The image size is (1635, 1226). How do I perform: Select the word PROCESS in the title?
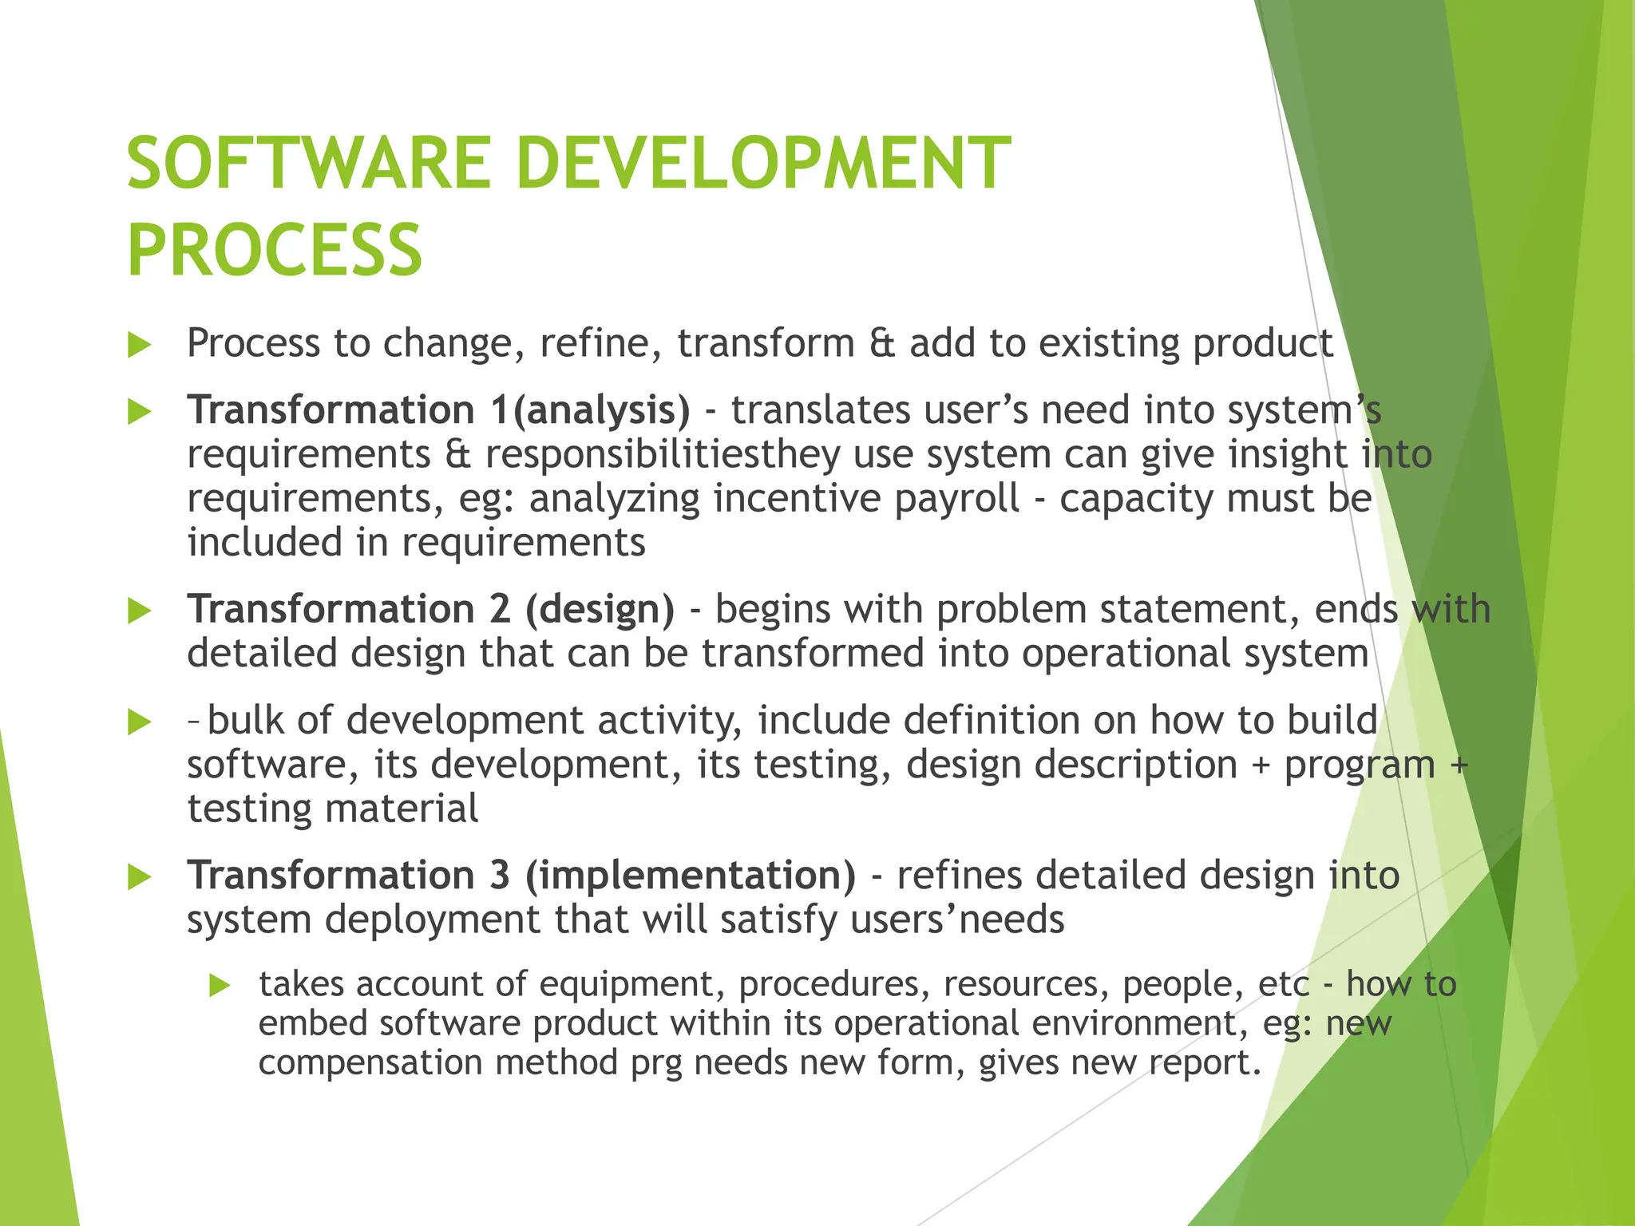[x=275, y=251]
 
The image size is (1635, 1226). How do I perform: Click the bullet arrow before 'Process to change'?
[x=140, y=346]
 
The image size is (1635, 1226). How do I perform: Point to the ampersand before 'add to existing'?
[x=881, y=343]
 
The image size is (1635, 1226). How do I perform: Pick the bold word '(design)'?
[x=600, y=610]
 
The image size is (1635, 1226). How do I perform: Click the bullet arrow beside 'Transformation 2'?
[x=140, y=612]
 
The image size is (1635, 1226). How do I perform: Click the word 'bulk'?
[x=245, y=720]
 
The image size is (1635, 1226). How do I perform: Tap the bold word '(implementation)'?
[x=691, y=876]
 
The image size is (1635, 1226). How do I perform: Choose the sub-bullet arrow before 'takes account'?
[x=220, y=986]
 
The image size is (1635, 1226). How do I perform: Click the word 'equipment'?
[x=632, y=984]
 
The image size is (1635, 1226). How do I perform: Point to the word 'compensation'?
[x=370, y=1063]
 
